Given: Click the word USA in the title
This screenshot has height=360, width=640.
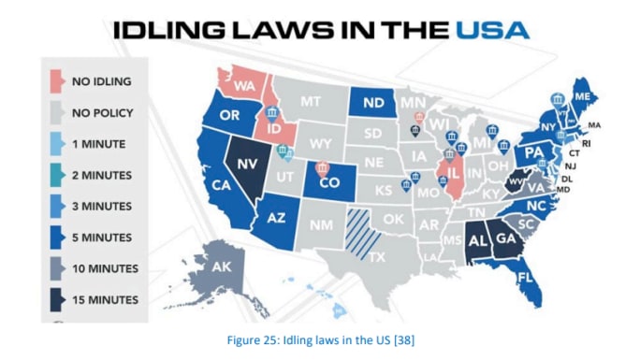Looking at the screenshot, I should coord(492,29).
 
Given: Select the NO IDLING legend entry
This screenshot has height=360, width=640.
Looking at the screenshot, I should coord(101,81).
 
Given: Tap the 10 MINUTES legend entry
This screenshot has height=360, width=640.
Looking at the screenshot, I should coord(105,269).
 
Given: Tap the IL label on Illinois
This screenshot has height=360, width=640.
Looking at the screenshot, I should coord(454,174).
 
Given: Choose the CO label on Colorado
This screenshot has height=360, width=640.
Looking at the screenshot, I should coord(328,183).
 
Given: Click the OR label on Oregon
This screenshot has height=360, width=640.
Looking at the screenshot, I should coord(229,117).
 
